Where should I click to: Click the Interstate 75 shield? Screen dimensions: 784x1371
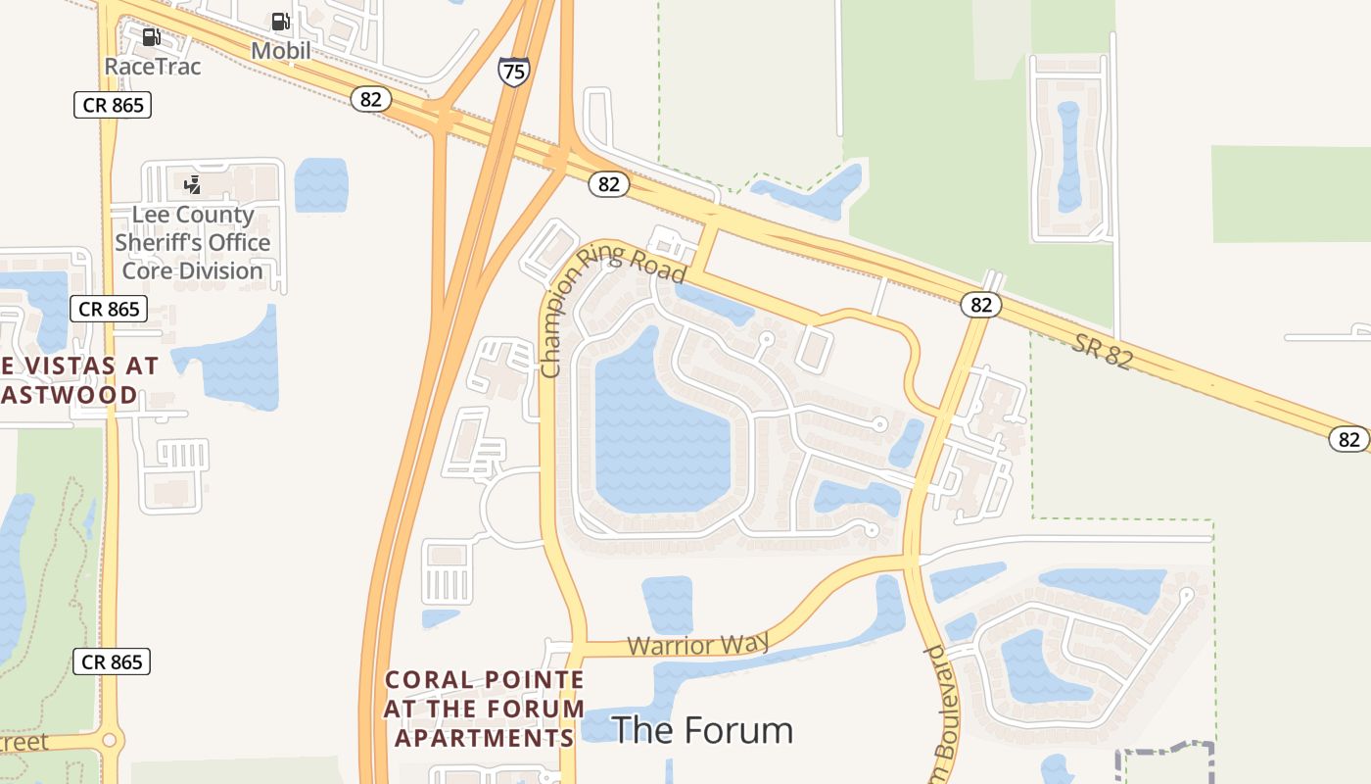(514, 71)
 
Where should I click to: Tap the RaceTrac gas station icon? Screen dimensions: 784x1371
(152, 38)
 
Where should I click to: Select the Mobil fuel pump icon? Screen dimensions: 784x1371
(280, 22)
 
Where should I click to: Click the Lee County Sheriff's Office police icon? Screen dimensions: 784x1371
(193, 184)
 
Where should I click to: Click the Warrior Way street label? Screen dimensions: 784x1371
(697, 644)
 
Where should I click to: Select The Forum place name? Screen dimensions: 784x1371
(702, 730)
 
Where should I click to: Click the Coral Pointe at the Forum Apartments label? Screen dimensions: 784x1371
(485, 709)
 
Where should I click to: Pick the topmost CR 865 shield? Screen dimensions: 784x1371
(113, 105)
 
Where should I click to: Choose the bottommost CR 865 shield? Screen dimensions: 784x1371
(113, 661)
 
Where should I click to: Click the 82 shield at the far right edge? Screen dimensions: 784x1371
(1348, 439)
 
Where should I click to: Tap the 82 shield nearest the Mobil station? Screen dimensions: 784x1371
(371, 99)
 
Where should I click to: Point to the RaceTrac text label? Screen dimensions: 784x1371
(153, 67)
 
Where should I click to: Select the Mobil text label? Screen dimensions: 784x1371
(281, 50)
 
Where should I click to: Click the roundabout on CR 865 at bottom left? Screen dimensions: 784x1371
(110, 741)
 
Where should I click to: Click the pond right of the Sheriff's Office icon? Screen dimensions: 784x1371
(321, 184)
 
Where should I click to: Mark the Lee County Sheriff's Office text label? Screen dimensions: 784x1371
(193, 242)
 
